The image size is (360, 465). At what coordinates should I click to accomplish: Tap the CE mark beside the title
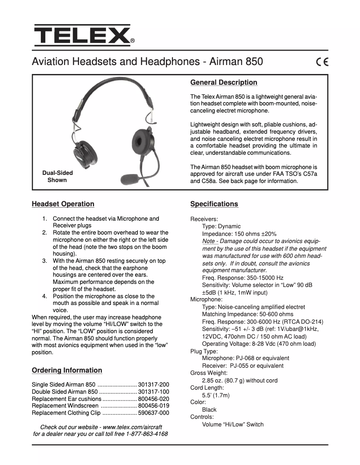click(x=322, y=62)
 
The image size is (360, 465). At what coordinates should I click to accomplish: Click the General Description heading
click(x=224, y=83)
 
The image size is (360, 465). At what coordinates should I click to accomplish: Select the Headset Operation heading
click(x=63, y=204)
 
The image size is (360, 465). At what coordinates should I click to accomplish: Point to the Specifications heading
click(x=214, y=204)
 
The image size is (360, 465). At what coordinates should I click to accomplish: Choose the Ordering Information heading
click(x=67, y=370)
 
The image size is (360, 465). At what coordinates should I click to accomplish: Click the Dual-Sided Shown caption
click(x=57, y=176)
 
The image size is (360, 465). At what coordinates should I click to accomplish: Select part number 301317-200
click(x=154, y=385)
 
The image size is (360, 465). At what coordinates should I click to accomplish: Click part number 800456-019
click(x=154, y=406)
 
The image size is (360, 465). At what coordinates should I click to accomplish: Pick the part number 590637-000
click(x=154, y=413)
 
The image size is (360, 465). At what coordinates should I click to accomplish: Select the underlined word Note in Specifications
click(x=208, y=241)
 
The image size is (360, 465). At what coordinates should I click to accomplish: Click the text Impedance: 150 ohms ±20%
click(x=239, y=234)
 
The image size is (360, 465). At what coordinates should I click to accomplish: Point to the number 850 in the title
click(x=254, y=62)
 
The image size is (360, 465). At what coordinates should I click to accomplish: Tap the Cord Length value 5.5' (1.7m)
click(x=215, y=395)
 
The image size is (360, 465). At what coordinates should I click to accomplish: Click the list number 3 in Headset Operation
click(x=44, y=261)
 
